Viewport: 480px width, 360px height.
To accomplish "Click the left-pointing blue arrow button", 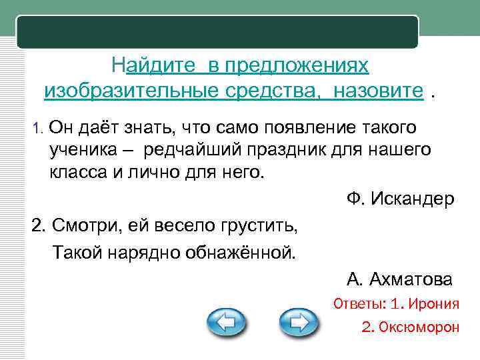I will pos(227,325).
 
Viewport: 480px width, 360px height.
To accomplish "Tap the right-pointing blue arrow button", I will pos(298,325).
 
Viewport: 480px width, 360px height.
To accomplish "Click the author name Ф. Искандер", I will pos(400,198).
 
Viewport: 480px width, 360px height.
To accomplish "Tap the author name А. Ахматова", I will pos(399,279).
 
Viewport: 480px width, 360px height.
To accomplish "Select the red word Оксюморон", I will pos(420,327).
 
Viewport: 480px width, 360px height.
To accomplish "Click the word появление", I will pos(293,127).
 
